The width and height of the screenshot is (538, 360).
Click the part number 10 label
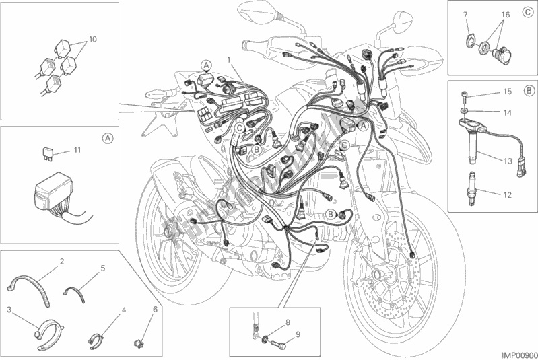pos(92,40)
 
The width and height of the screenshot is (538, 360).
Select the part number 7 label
pos(465,13)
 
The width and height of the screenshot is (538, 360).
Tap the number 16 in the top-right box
pos(506,13)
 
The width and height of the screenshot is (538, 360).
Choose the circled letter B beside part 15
pos(529,89)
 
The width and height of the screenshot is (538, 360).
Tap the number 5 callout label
pos(103,268)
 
